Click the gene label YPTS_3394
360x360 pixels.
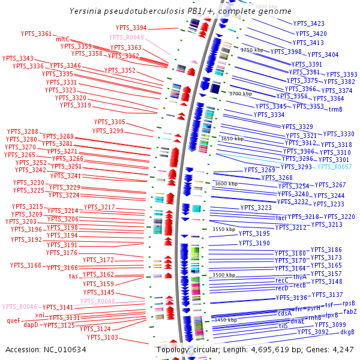[131, 28]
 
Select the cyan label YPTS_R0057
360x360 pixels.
[334, 167]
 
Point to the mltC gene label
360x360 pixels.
[62, 39]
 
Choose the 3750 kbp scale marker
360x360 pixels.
[252, 50]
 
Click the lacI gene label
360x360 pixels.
[281, 218]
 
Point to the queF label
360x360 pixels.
[14, 320]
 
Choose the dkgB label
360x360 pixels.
[347, 332]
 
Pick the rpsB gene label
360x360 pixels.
[349, 303]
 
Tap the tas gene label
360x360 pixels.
[73, 276]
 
